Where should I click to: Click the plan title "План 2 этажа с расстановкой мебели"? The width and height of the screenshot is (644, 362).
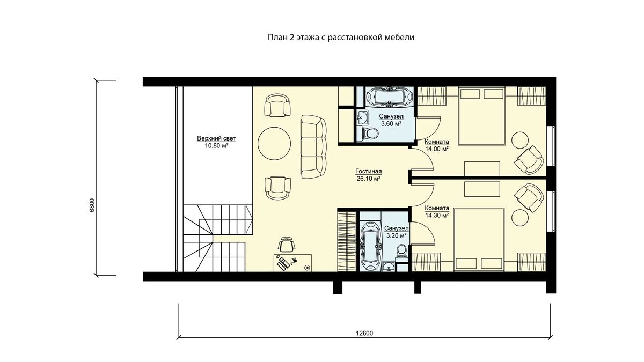tap(341, 38)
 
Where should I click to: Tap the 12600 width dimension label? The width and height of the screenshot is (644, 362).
tap(364, 333)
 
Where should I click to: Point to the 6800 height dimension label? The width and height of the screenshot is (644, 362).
tap(92, 205)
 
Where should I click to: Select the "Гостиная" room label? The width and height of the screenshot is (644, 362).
tap(369, 171)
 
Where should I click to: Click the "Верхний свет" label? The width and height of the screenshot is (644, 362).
tap(216, 138)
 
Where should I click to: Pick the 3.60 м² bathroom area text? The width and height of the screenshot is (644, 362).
tap(391, 124)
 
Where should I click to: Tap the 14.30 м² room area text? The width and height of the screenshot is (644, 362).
tap(437, 215)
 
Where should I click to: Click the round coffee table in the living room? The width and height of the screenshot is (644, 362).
tap(274, 144)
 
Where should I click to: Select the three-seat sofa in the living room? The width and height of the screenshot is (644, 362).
tap(313, 147)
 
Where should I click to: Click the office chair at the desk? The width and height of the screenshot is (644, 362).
tap(287, 245)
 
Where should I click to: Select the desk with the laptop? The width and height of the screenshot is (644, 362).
tap(292, 263)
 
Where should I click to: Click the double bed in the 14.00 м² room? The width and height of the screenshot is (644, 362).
tap(481, 115)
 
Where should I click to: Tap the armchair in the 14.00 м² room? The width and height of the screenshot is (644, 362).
tap(529, 160)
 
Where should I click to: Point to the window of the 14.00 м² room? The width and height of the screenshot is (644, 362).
tap(552, 146)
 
